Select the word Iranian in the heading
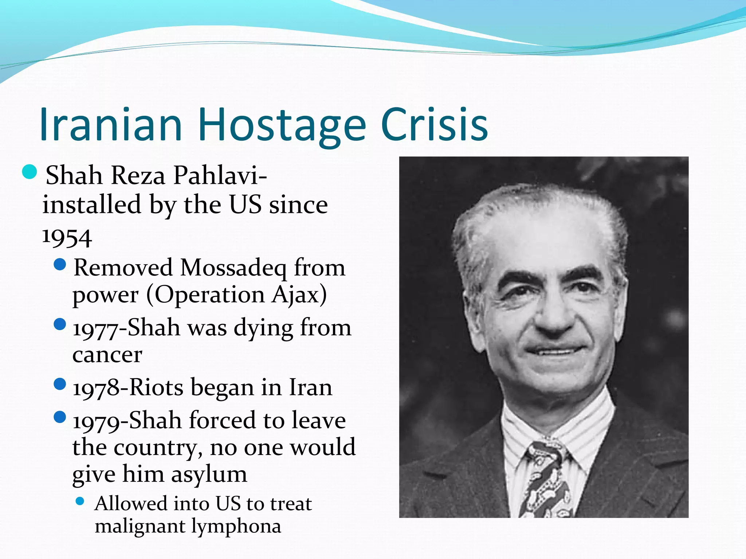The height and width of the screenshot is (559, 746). (x=111, y=124)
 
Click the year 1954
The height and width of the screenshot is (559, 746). (x=67, y=237)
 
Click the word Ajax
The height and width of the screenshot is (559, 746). (x=299, y=295)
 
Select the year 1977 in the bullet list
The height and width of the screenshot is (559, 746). (x=96, y=329)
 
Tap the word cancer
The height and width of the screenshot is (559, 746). (x=107, y=355)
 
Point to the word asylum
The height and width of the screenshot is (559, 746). (x=209, y=475)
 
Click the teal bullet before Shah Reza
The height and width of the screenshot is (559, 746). (x=30, y=172)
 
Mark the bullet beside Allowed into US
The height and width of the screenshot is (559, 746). (x=80, y=502)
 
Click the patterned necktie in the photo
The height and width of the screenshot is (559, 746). (x=545, y=480)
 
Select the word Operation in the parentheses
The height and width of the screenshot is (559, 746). (x=209, y=295)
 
